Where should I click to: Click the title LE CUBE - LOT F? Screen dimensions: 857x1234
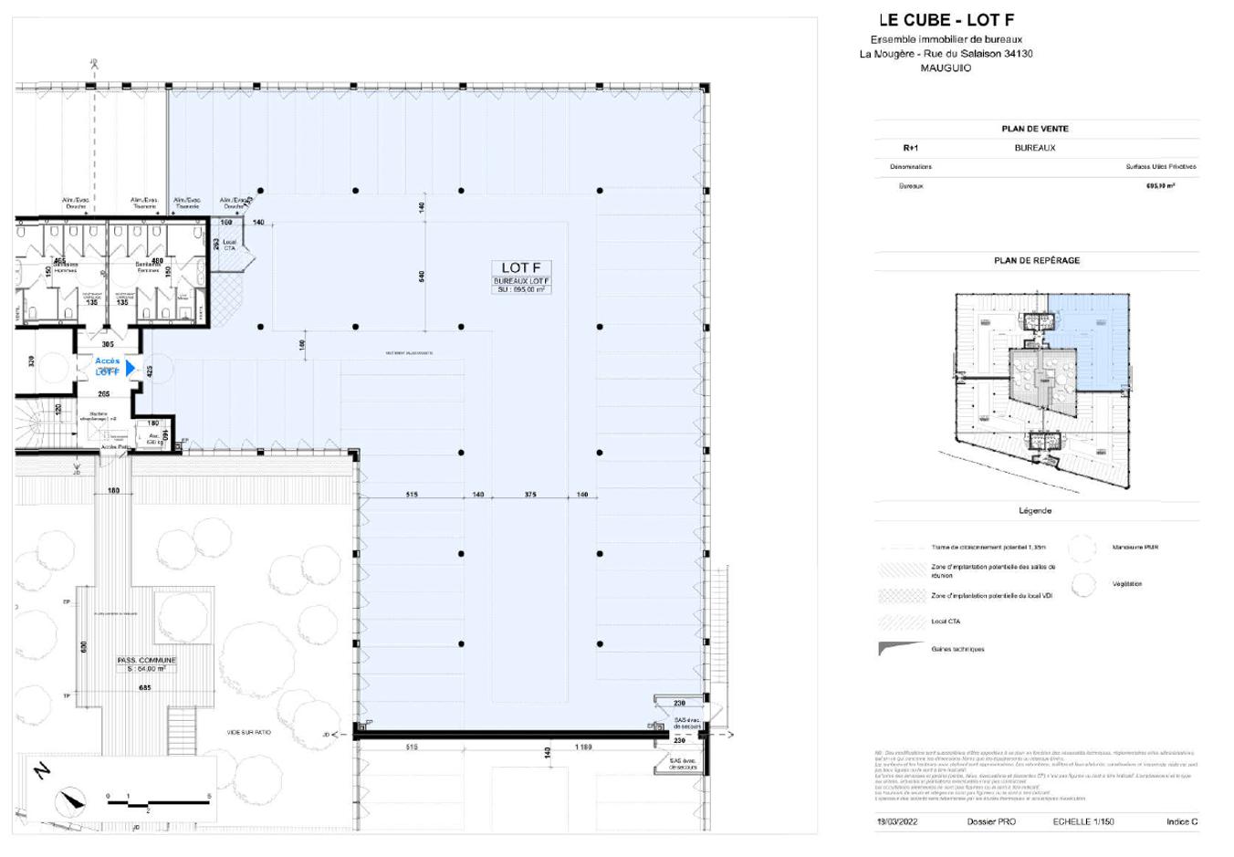point(946,20)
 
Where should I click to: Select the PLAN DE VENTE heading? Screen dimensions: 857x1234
point(1035,129)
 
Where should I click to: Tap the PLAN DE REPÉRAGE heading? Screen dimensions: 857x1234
point(1036,260)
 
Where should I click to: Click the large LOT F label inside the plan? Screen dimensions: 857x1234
point(520,267)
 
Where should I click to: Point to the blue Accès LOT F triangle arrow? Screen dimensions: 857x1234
point(131,368)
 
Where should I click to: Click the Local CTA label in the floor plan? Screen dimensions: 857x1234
point(229,246)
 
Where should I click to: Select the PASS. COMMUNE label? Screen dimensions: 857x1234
point(146,660)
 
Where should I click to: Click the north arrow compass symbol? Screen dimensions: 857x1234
point(69,802)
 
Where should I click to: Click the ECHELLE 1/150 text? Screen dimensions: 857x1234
point(1083,821)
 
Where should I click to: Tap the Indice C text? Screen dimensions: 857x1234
point(1181,821)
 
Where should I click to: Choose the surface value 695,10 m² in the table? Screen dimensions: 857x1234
point(1160,185)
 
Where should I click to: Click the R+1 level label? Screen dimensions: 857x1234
point(910,148)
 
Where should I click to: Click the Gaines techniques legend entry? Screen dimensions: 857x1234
point(957,649)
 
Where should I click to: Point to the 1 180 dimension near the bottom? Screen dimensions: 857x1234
point(583,747)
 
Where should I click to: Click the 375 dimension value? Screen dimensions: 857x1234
point(530,495)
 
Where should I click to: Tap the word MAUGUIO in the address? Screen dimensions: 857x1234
point(946,68)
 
